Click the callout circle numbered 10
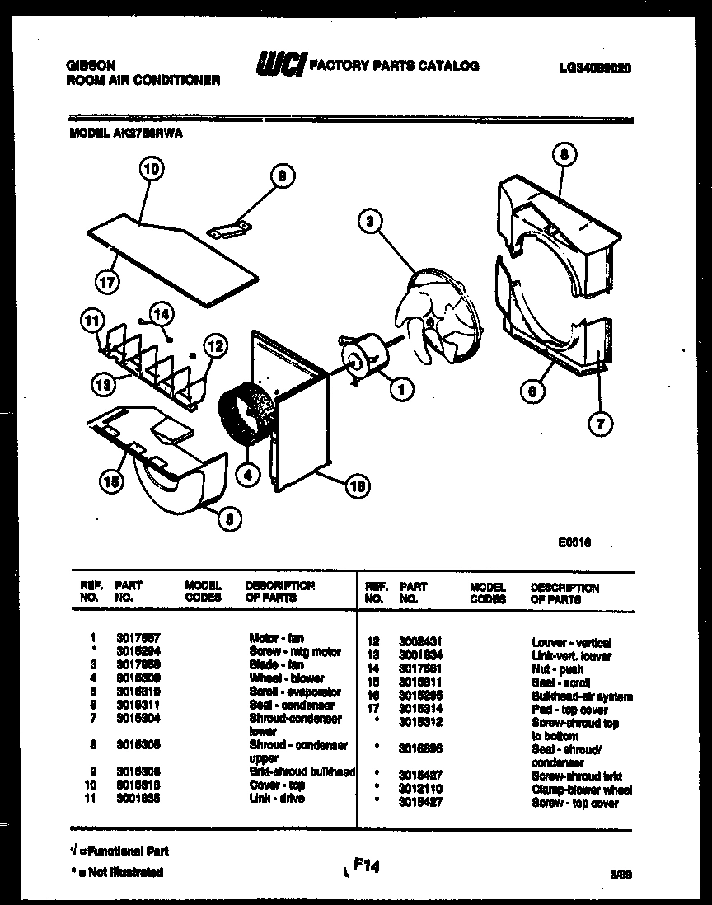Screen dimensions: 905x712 pos(152,171)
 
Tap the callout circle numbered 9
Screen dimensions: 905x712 pos(282,175)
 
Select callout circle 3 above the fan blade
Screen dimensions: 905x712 pos(372,219)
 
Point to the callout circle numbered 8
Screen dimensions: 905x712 pos(563,154)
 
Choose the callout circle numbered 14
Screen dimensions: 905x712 pos(162,313)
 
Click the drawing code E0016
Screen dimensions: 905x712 pos(575,542)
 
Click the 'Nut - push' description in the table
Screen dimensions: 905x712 pos(556,669)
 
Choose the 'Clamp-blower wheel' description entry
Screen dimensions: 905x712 pos(580,789)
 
